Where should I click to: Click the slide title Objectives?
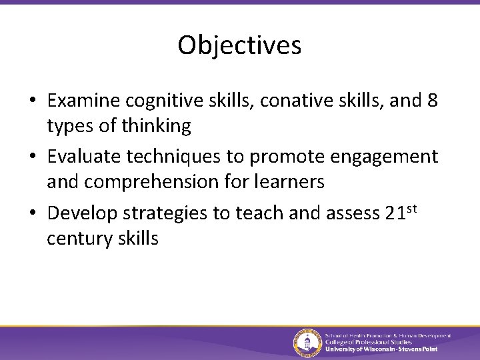tap(239, 45)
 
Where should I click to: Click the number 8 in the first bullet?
tap(433, 101)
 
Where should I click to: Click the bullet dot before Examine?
tap(32, 101)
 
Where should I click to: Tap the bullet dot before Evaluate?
tap(32, 157)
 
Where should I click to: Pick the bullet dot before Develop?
tap(32, 213)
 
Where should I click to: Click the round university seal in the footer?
tap(307, 343)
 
